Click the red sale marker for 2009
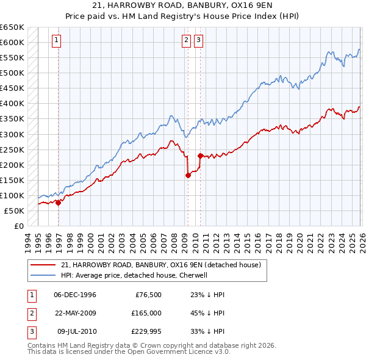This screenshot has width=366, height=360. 188,176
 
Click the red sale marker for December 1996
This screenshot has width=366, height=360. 58,203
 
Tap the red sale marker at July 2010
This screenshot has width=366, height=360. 200,156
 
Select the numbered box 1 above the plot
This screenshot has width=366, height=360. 56,41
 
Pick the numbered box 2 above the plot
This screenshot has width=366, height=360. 185,41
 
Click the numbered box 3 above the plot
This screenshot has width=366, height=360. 199,41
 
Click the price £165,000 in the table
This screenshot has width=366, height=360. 146,312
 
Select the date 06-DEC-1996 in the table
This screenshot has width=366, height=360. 75,295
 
